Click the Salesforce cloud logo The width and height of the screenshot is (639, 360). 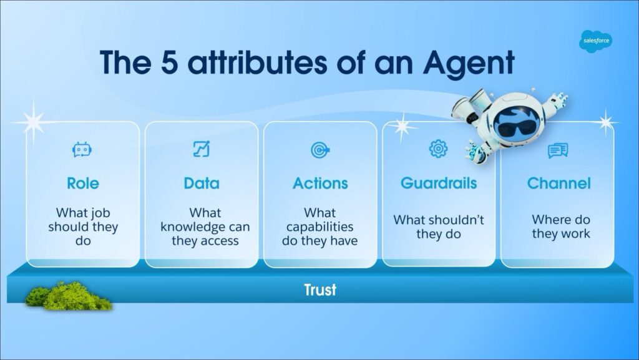click(595, 41)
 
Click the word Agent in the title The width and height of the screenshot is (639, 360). click(469, 64)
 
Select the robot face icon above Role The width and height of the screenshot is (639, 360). click(82, 150)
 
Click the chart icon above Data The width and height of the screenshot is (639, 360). click(202, 149)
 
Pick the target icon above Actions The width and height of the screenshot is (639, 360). click(320, 150)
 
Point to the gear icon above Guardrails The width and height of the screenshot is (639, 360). click(438, 149)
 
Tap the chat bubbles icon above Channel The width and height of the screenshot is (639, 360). click(558, 150)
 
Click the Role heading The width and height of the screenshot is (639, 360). click(83, 183)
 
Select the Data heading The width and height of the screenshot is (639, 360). click(202, 183)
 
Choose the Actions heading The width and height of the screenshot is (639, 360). click(320, 183)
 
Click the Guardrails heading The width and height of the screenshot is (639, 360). click(439, 183)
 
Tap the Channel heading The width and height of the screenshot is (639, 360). click(559, 183)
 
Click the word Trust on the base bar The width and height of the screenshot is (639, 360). click(320, 289)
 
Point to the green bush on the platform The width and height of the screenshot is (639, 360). click(69, 296)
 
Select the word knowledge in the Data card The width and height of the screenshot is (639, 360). click(187, 227)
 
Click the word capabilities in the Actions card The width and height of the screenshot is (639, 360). click(320, 227)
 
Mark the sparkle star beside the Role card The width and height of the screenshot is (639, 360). click(33, 122)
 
